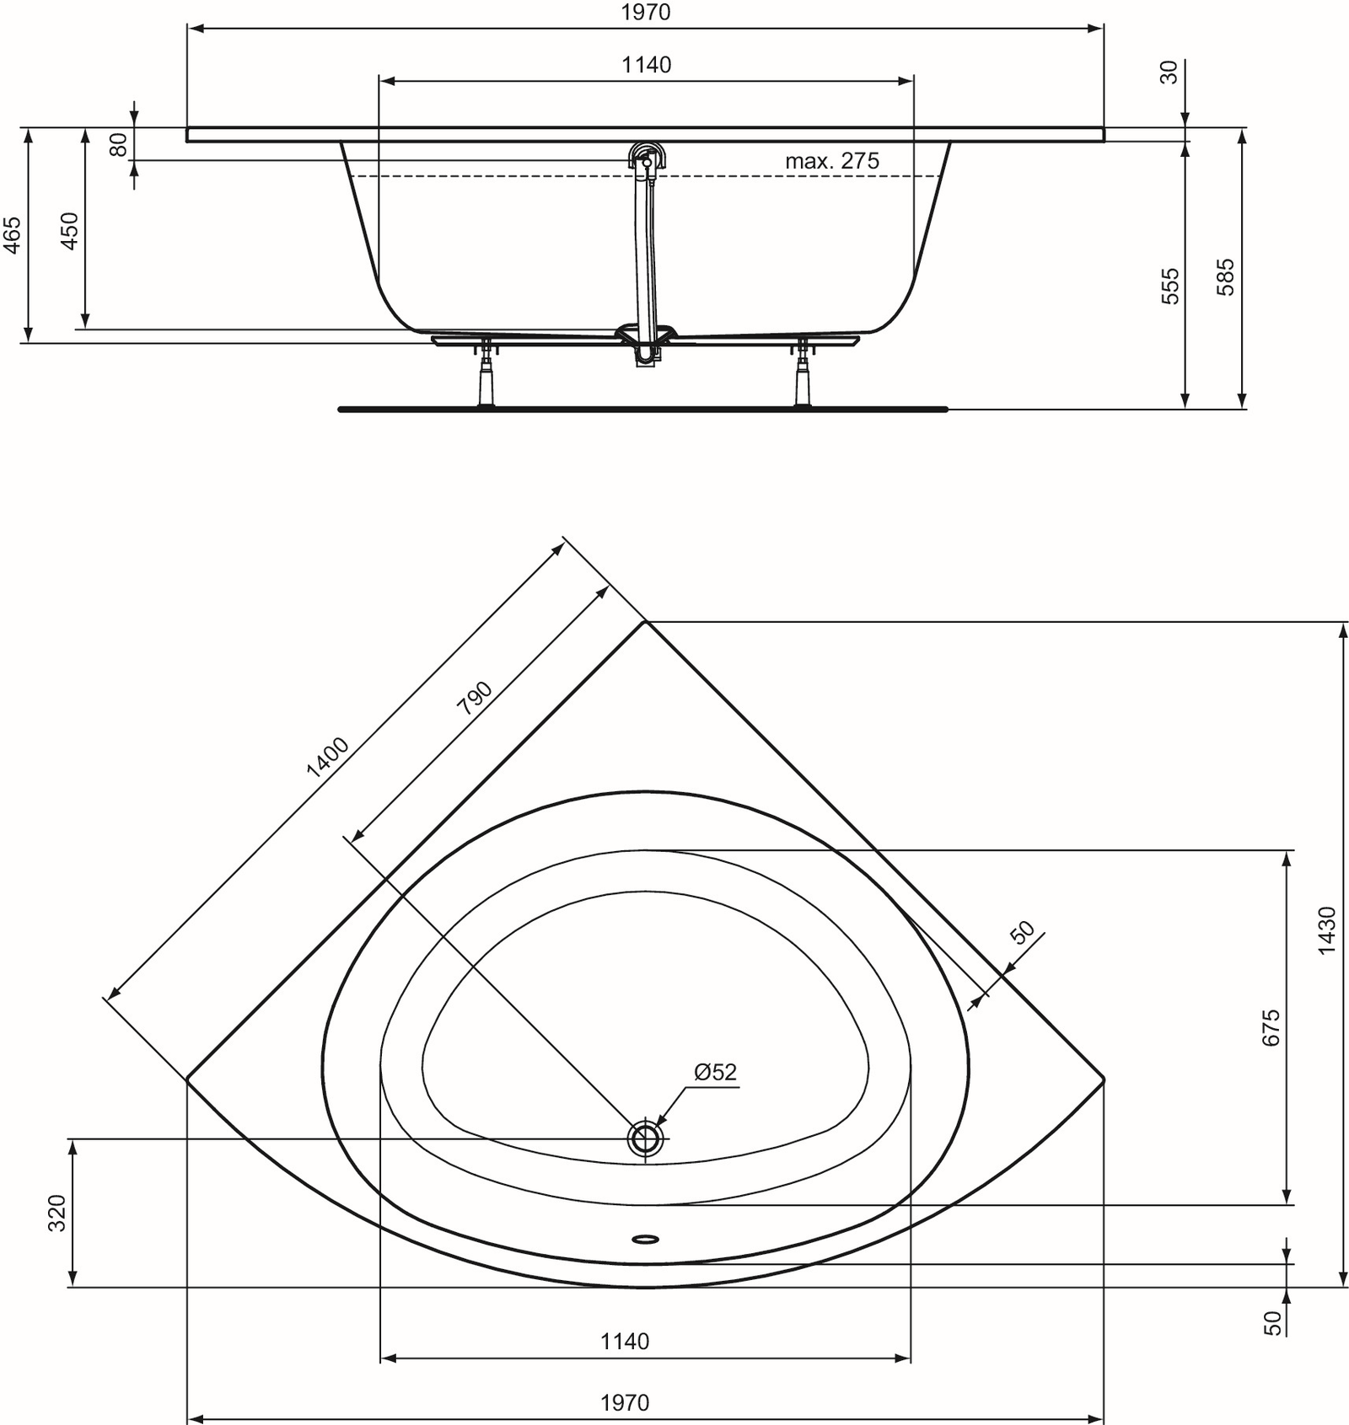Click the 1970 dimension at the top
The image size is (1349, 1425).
(646, 13)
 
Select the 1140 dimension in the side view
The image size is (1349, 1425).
(647, 65)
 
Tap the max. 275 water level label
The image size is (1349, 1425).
(831, 161)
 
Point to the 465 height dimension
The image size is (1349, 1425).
(12, 235)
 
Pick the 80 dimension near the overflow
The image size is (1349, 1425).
(119, 145)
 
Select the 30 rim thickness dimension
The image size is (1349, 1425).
(1169, 72)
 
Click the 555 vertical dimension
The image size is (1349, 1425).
(1170, 286)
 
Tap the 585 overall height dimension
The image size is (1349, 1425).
(1226, 276)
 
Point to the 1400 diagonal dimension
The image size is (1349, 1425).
(327, 756)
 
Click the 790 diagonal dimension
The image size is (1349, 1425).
(474, 698)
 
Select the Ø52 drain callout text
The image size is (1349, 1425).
(715, 1072)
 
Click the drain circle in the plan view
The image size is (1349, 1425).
(646, 1138)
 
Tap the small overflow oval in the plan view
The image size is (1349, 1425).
(646, 1239)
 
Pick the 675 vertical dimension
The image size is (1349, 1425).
(1271, 1027)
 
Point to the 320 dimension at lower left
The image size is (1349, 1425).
(56, 1213)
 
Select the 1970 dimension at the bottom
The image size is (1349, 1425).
(625, 1402)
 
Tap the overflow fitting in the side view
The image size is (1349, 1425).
(647, 158)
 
